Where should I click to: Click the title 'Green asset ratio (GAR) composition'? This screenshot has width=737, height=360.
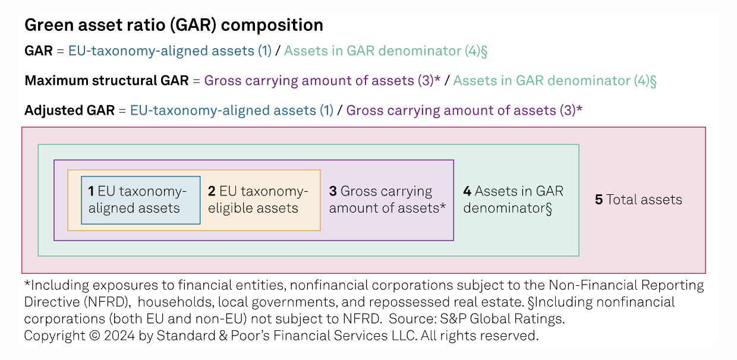[174, 26]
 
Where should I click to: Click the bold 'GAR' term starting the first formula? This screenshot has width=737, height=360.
[39, 51]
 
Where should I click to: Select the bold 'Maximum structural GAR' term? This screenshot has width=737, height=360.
[106, 81]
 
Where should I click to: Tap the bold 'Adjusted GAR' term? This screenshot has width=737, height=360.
[70, 110]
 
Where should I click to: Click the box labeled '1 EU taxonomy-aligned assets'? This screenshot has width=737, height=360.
[141, 200]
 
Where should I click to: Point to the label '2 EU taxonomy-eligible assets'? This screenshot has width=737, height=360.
[258, 200]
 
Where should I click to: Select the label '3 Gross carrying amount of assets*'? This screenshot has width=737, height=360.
[388, 200]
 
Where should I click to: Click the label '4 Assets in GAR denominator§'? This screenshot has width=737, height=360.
[514, 200]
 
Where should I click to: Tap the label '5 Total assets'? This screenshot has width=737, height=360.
[638, 200]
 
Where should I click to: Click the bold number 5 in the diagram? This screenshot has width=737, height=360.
[599, 200]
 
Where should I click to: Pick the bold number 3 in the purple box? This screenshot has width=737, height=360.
[333, 191]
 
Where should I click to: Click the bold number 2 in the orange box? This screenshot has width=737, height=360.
[212, 191]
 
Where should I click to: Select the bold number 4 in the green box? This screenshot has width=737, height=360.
[467, 191]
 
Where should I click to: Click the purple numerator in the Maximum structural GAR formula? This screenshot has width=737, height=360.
[322, 81]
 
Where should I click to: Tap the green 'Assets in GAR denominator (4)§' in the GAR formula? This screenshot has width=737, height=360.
[386, 51]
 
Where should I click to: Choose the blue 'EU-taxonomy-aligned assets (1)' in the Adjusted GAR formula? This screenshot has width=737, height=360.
[232, 111]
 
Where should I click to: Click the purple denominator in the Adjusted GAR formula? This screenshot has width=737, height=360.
[464, 111]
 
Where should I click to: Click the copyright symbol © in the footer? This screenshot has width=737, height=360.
[95, 336]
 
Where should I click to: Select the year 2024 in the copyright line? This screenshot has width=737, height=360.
[119, 336]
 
